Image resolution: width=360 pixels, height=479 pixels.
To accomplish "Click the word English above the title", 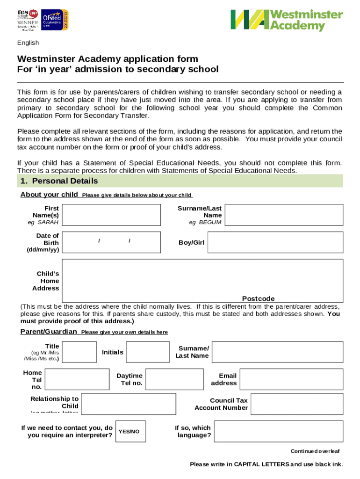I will coord(28,43).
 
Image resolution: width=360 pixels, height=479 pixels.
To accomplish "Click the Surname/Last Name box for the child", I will coord(284,215).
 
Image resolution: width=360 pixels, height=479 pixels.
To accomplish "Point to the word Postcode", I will coord(258,298).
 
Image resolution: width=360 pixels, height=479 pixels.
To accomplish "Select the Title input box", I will coord(79,352).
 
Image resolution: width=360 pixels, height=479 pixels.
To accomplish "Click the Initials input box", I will coord(148,352).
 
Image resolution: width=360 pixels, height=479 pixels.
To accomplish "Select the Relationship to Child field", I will coord(129,404).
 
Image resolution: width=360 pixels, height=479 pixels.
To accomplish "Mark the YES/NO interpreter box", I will coord(129,431).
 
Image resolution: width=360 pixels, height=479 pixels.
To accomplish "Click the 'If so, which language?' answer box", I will coord(279,431).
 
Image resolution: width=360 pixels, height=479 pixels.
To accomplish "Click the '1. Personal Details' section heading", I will coord(58,181).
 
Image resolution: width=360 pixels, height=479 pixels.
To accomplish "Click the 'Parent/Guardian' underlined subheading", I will coord(49,332).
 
